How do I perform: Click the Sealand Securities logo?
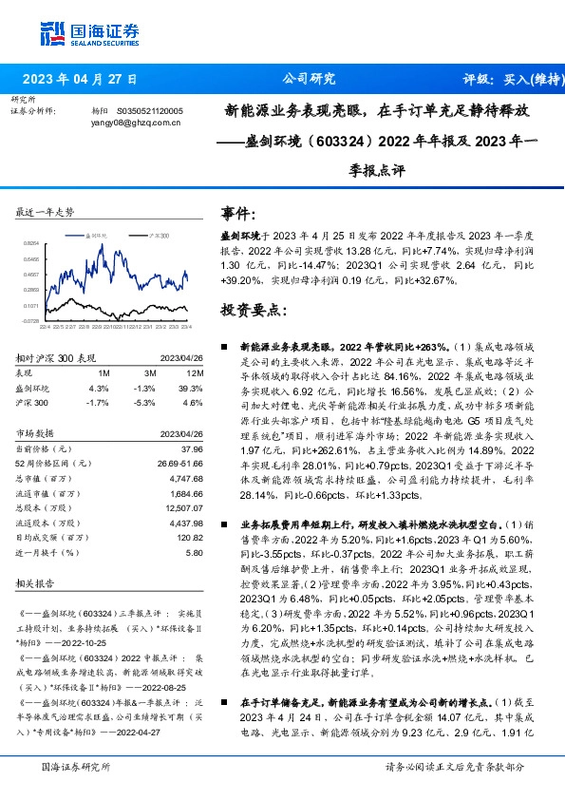(89, 30)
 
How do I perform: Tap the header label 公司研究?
(310, 79)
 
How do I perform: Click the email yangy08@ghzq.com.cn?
(130, 123)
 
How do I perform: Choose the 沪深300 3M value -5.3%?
(144, 402)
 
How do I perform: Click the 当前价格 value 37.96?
(192, 448)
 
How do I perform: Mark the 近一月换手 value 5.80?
(194, 552)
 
